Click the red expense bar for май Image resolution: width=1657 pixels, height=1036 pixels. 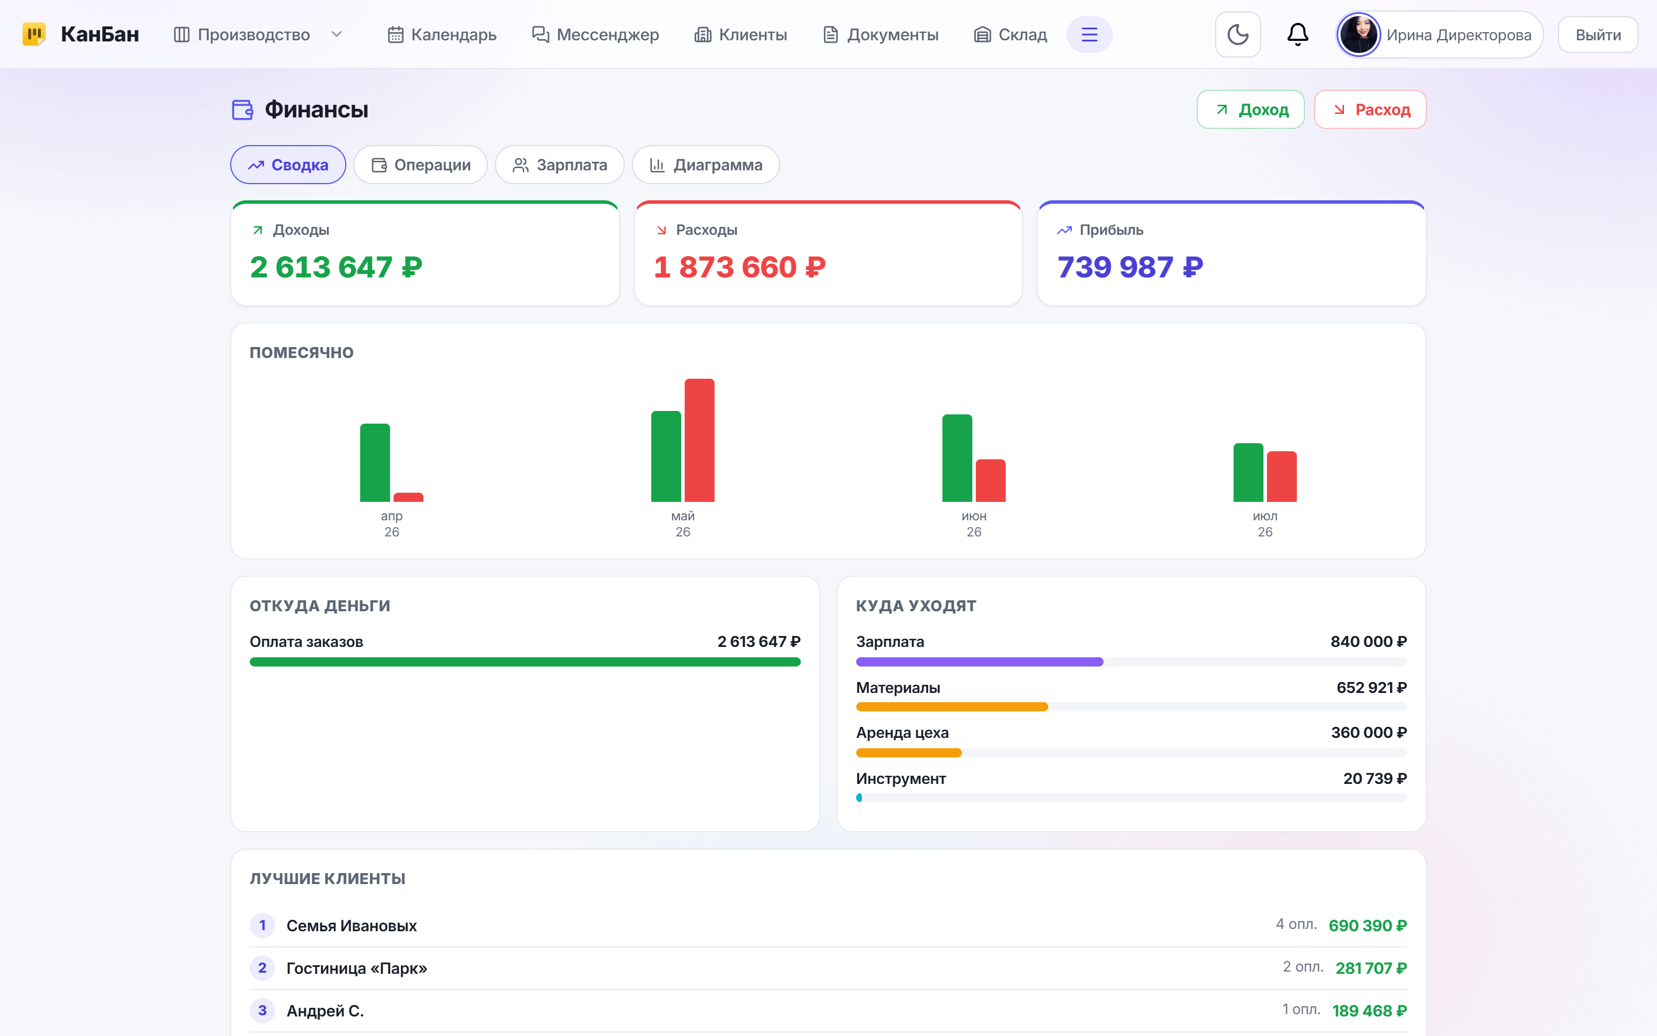[699, 440]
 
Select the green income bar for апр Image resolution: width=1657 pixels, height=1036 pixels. [375, 463]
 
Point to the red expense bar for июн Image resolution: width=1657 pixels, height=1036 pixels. [990, 481]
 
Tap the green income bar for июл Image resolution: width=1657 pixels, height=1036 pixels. [1249, 473]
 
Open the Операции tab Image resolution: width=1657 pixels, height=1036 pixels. [421, 165]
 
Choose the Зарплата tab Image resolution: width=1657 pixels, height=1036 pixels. [559, 165]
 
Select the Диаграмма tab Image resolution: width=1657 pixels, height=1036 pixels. [705, 165]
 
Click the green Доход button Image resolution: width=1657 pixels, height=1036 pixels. [1250, 109]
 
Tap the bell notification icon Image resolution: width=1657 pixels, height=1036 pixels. [1297, 35]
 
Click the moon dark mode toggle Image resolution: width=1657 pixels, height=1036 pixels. [1238, 35]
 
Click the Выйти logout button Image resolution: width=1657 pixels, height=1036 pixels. [1598, 35]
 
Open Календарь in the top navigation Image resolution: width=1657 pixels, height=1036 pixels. [442, 35]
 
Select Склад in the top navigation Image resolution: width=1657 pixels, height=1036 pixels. [1011, 35]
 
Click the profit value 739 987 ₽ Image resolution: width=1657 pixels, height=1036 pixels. [1130, 267]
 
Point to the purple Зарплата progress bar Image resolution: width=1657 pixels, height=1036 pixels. [979, 662]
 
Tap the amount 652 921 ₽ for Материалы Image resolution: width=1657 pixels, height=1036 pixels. [1372, 687]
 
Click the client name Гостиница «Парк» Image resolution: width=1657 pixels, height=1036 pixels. [357, 968]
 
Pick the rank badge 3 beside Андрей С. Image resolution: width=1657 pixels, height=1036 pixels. [262, 1011]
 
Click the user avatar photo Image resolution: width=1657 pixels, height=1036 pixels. [1358, 35]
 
